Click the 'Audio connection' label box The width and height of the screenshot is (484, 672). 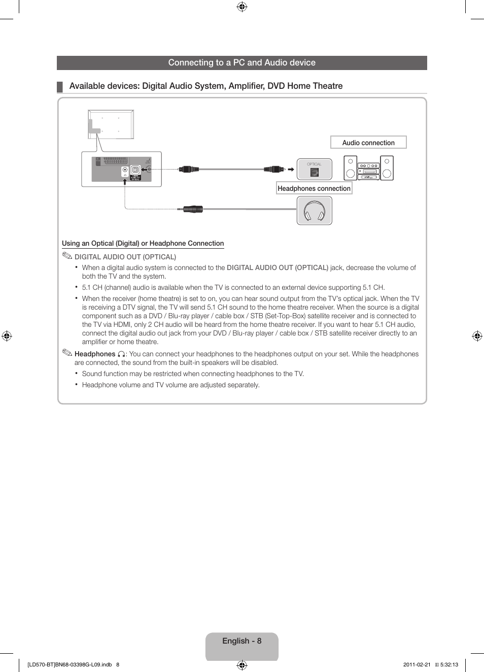coord(368,143)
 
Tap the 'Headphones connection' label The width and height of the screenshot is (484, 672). coord(314,188)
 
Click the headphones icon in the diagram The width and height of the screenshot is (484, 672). coord(315,211)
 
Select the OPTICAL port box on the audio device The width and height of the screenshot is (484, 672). coord(315,170)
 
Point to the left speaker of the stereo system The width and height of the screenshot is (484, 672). coord(350,168)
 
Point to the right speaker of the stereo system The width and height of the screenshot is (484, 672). coord(387,168)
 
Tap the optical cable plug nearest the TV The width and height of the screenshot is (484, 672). coord(188,169)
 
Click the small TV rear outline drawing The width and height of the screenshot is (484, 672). coord(111,124)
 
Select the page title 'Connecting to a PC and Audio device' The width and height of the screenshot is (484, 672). coord(242,63)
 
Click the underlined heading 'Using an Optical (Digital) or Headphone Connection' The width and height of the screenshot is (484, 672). coord(143,244)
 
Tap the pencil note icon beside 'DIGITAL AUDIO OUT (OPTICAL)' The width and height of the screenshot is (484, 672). coord(67,256)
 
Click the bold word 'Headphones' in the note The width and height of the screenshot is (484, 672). coord(95,354)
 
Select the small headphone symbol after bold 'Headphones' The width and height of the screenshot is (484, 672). coord(121,354)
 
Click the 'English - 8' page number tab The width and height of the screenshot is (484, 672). coord(242,642)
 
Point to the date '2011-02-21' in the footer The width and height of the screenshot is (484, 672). coord(417,664)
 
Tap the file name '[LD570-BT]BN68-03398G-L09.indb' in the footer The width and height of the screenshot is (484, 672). coord(70,664)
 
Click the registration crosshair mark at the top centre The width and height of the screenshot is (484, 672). coord(242,7)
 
